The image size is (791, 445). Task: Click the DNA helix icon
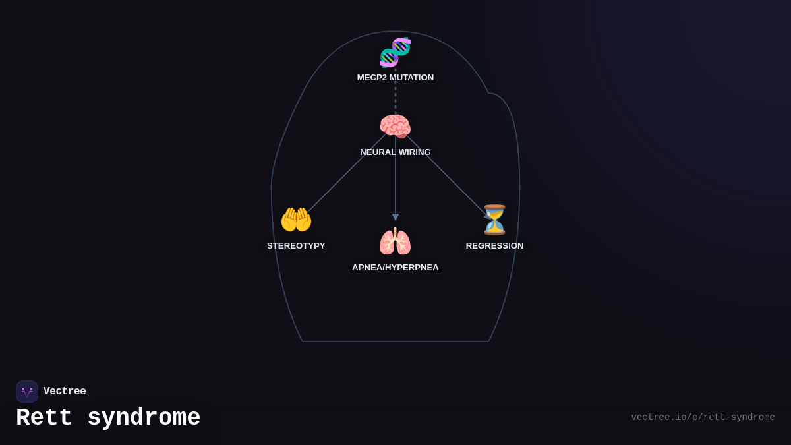[x=395, y=53]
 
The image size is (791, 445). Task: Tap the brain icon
[x=395, y=127]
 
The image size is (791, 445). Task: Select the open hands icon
[x=296, y=220]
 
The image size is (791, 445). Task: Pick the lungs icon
[x=395, y=242]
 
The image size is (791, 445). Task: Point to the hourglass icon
[x=494, y=220]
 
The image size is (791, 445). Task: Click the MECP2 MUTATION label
[x=395, y=78]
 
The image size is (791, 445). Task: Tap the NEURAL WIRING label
[x=395, y=152]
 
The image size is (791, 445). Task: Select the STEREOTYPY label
[x=296, y=246]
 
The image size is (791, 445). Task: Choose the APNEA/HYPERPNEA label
[x=395, y=268]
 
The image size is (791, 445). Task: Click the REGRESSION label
[x=494, y=246]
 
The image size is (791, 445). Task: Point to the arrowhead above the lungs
[x=395, y=217]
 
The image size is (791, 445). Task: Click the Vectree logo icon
[x=27, y=392]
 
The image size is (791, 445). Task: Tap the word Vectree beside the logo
[x=65, y=392]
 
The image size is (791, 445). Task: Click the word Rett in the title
[x=44, y=418]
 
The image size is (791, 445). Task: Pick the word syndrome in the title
[x=144, y=418]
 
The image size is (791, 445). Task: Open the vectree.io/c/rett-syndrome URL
[x=703, y=417]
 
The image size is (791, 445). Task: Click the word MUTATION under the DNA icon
[x=411, y=78]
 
